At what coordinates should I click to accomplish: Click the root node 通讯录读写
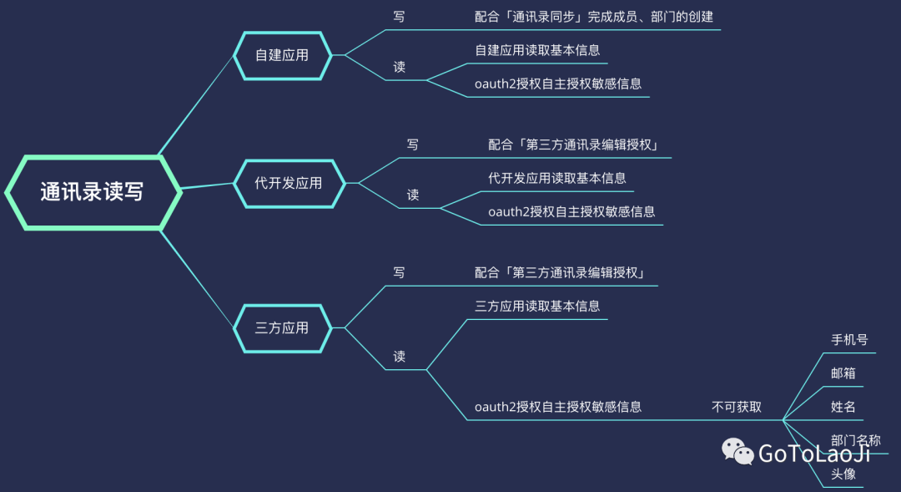92,192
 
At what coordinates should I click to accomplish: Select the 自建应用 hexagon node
282,55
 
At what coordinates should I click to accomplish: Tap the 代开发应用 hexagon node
288,183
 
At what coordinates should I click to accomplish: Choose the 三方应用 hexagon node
282,327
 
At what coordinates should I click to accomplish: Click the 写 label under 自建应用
399,16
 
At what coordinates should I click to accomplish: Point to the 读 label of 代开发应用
413,195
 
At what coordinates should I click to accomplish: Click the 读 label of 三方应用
400,356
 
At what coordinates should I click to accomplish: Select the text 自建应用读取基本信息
537,50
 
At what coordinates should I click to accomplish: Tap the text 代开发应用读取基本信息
557,178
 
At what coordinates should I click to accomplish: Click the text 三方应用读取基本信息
537,306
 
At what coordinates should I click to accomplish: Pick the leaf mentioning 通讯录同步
594,16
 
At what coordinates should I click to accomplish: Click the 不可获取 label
737,407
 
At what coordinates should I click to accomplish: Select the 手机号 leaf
849,340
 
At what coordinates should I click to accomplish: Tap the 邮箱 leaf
843,373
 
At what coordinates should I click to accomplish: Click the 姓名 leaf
843,407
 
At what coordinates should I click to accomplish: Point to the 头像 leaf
843,474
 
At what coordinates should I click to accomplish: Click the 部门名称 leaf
855,440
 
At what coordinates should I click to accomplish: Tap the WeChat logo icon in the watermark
737,452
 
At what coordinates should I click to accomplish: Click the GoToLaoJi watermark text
813,454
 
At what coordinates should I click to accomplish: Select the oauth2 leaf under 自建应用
558,84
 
